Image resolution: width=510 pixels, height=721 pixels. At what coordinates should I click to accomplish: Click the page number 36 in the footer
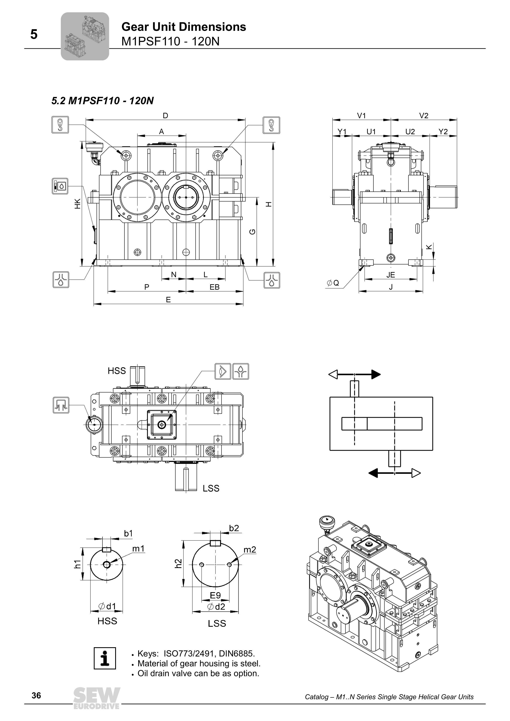(36, 695)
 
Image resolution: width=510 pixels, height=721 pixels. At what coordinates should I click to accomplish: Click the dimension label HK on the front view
(77, 204)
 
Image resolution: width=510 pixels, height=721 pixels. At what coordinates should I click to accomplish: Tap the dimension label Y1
(342, 132)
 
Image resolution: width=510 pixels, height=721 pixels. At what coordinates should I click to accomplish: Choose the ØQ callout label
(333, 283)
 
